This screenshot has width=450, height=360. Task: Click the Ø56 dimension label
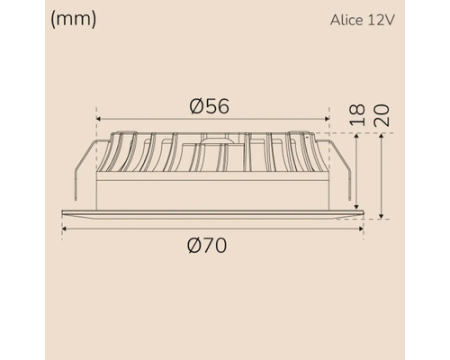pyautogui.click(x=210, y=105)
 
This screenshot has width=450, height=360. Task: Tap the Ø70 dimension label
pyautogui.click(x=209, y=246)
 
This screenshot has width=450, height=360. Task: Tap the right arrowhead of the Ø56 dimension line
pyautogui.click(x=325, y=119)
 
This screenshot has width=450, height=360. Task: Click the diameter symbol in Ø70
pyautogui.click(x=196, y=246)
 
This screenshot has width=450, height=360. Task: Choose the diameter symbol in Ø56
pyautogui.click(x=197, y=105)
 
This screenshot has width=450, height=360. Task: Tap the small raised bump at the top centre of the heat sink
pyautogui.click(x=213, y=138)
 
